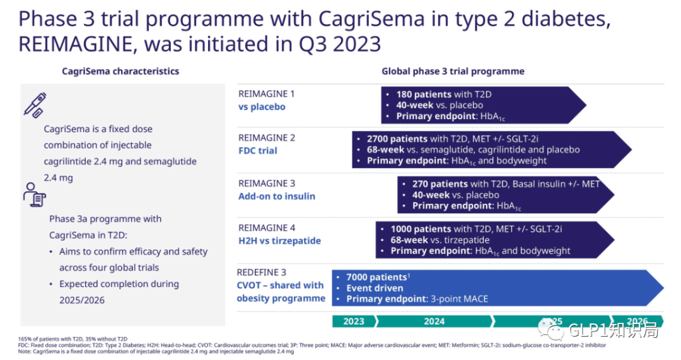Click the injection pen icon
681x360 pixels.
click(x=35, y=105)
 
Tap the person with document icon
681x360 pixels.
click(x=34, y=195)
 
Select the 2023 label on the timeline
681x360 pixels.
click(x=354, y=321)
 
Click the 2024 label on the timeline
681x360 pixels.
click(x=434, y=321)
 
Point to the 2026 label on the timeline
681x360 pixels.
click(x=637, y=321)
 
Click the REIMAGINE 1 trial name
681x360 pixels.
click(x=266, y=94)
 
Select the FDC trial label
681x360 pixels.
click(x=257, y=151)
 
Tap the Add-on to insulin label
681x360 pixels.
click(x=276, y=196)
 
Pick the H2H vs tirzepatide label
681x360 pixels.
click(x=279, y=240)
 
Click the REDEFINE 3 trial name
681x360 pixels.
click(x=261, y=272)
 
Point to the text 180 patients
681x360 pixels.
click(x=424, y=95)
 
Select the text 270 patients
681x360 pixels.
click(x=440, y=184)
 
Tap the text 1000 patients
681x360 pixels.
click(x=421, y=229)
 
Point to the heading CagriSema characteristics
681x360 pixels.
click(x=120, y=71)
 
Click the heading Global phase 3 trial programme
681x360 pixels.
click(x=453, y=71)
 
